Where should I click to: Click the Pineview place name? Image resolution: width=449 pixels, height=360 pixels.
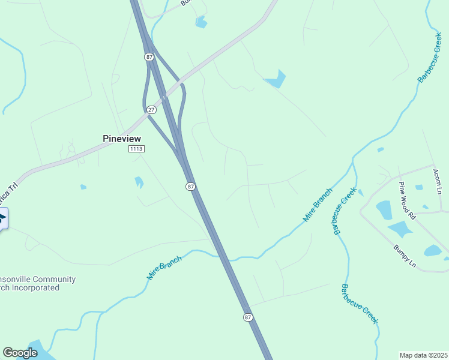(x=122, y=138)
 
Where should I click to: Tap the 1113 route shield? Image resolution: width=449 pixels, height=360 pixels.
(x=137, y=149)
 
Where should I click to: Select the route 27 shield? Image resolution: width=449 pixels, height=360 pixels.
(x=151, y=109)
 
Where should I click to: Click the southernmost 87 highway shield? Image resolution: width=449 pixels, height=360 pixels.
(x=247, y=317)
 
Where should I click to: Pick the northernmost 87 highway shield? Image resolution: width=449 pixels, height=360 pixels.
(x=149, y=56)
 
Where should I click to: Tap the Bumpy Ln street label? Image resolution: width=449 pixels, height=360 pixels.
(x=405, y=255)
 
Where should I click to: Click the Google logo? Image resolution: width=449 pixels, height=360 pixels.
(x=20, y=353)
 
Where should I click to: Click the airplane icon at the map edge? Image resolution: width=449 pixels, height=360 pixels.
(x=2, y=218)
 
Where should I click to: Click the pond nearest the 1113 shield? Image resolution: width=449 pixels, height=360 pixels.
(x=139, y=181)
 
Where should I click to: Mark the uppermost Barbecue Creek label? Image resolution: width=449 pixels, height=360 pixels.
(x=430, y=58)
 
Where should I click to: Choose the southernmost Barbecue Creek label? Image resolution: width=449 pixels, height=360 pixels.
(x=359, y=304)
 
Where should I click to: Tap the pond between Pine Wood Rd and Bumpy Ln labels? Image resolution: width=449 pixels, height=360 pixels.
(x=400, y=229)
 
